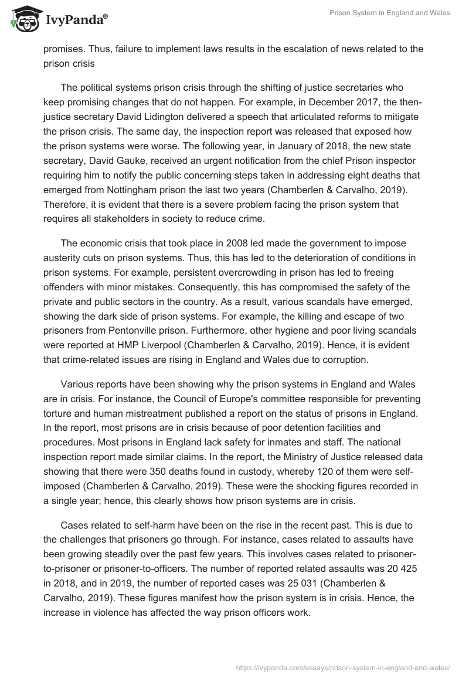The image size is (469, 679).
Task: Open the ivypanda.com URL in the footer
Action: pyautogui.click(x=343, y=667)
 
